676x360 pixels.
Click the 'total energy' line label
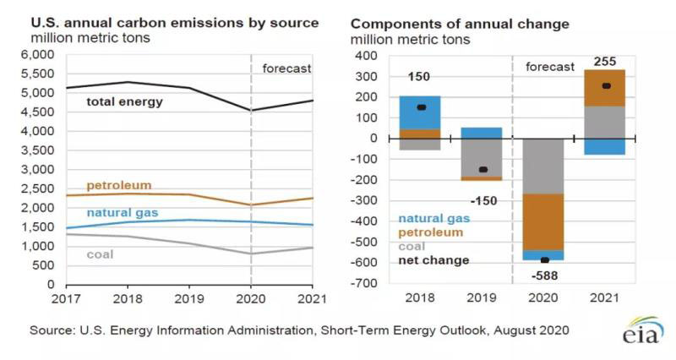pyautogui.click(x=125, y=102)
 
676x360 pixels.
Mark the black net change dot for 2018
pyautogui.click(x=422, y=107)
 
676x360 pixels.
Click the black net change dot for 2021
pyautogui.click(x=606, y=86)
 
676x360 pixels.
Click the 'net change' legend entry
pyautogui.click(x=433, y=260)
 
